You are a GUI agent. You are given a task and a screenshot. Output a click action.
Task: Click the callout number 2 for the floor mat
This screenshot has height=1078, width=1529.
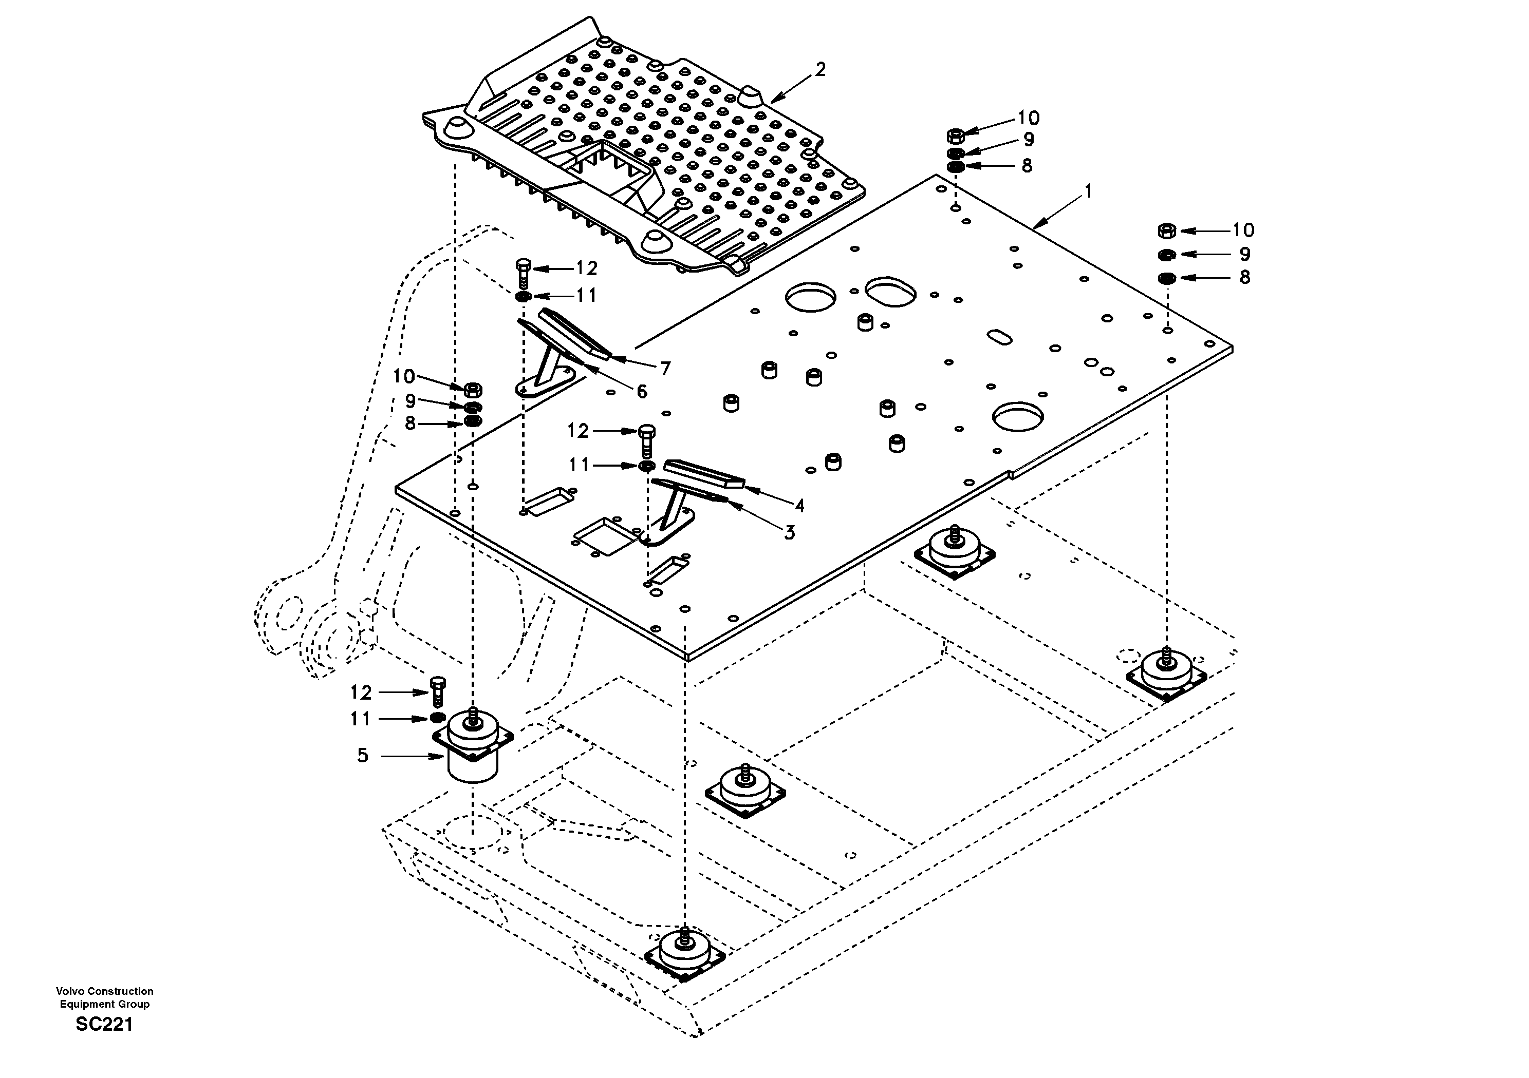pos(820,70)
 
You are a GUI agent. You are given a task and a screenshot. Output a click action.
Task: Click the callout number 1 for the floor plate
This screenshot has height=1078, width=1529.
pos(1088,191)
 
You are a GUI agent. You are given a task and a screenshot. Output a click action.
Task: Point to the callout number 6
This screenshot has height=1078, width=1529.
pos(641,391)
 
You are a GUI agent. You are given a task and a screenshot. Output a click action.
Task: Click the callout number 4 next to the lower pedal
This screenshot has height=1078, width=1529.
pos(799,506)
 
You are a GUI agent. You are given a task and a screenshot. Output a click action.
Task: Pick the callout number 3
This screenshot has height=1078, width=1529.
pos(789,532)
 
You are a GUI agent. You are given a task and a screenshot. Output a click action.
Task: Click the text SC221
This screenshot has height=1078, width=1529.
pos(104,1024)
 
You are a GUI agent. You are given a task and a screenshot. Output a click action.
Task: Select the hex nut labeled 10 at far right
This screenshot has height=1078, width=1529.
pos(1167,231)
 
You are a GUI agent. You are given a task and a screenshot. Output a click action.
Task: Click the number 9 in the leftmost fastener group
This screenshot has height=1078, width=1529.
pos(410,400)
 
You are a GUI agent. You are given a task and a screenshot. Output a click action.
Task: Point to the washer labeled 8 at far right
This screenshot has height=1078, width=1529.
pos(1167,278)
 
